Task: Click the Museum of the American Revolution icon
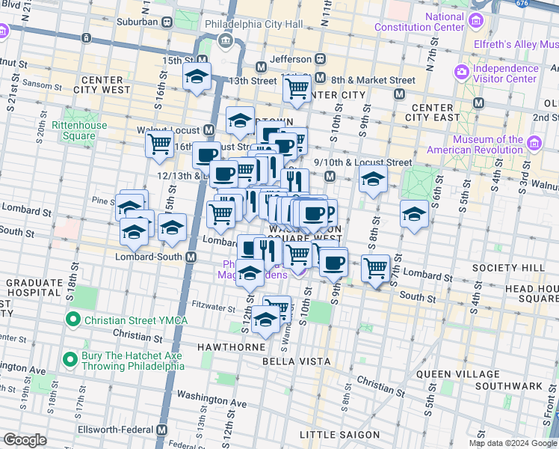tap(534, 144)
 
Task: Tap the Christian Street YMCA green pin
tap(72, 320)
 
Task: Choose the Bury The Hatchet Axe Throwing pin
tap(70, 360)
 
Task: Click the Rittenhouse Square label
tap(73, 130)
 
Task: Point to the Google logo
tap(25, 440)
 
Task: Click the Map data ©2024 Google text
tap(513, 443)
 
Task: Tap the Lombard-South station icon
tap(191, 257)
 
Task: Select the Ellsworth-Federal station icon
tap(162, 430)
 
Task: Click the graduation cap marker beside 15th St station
tap(197, 78)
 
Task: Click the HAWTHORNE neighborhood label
tap(231, 348)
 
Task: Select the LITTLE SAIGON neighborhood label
tap(339, 435)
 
